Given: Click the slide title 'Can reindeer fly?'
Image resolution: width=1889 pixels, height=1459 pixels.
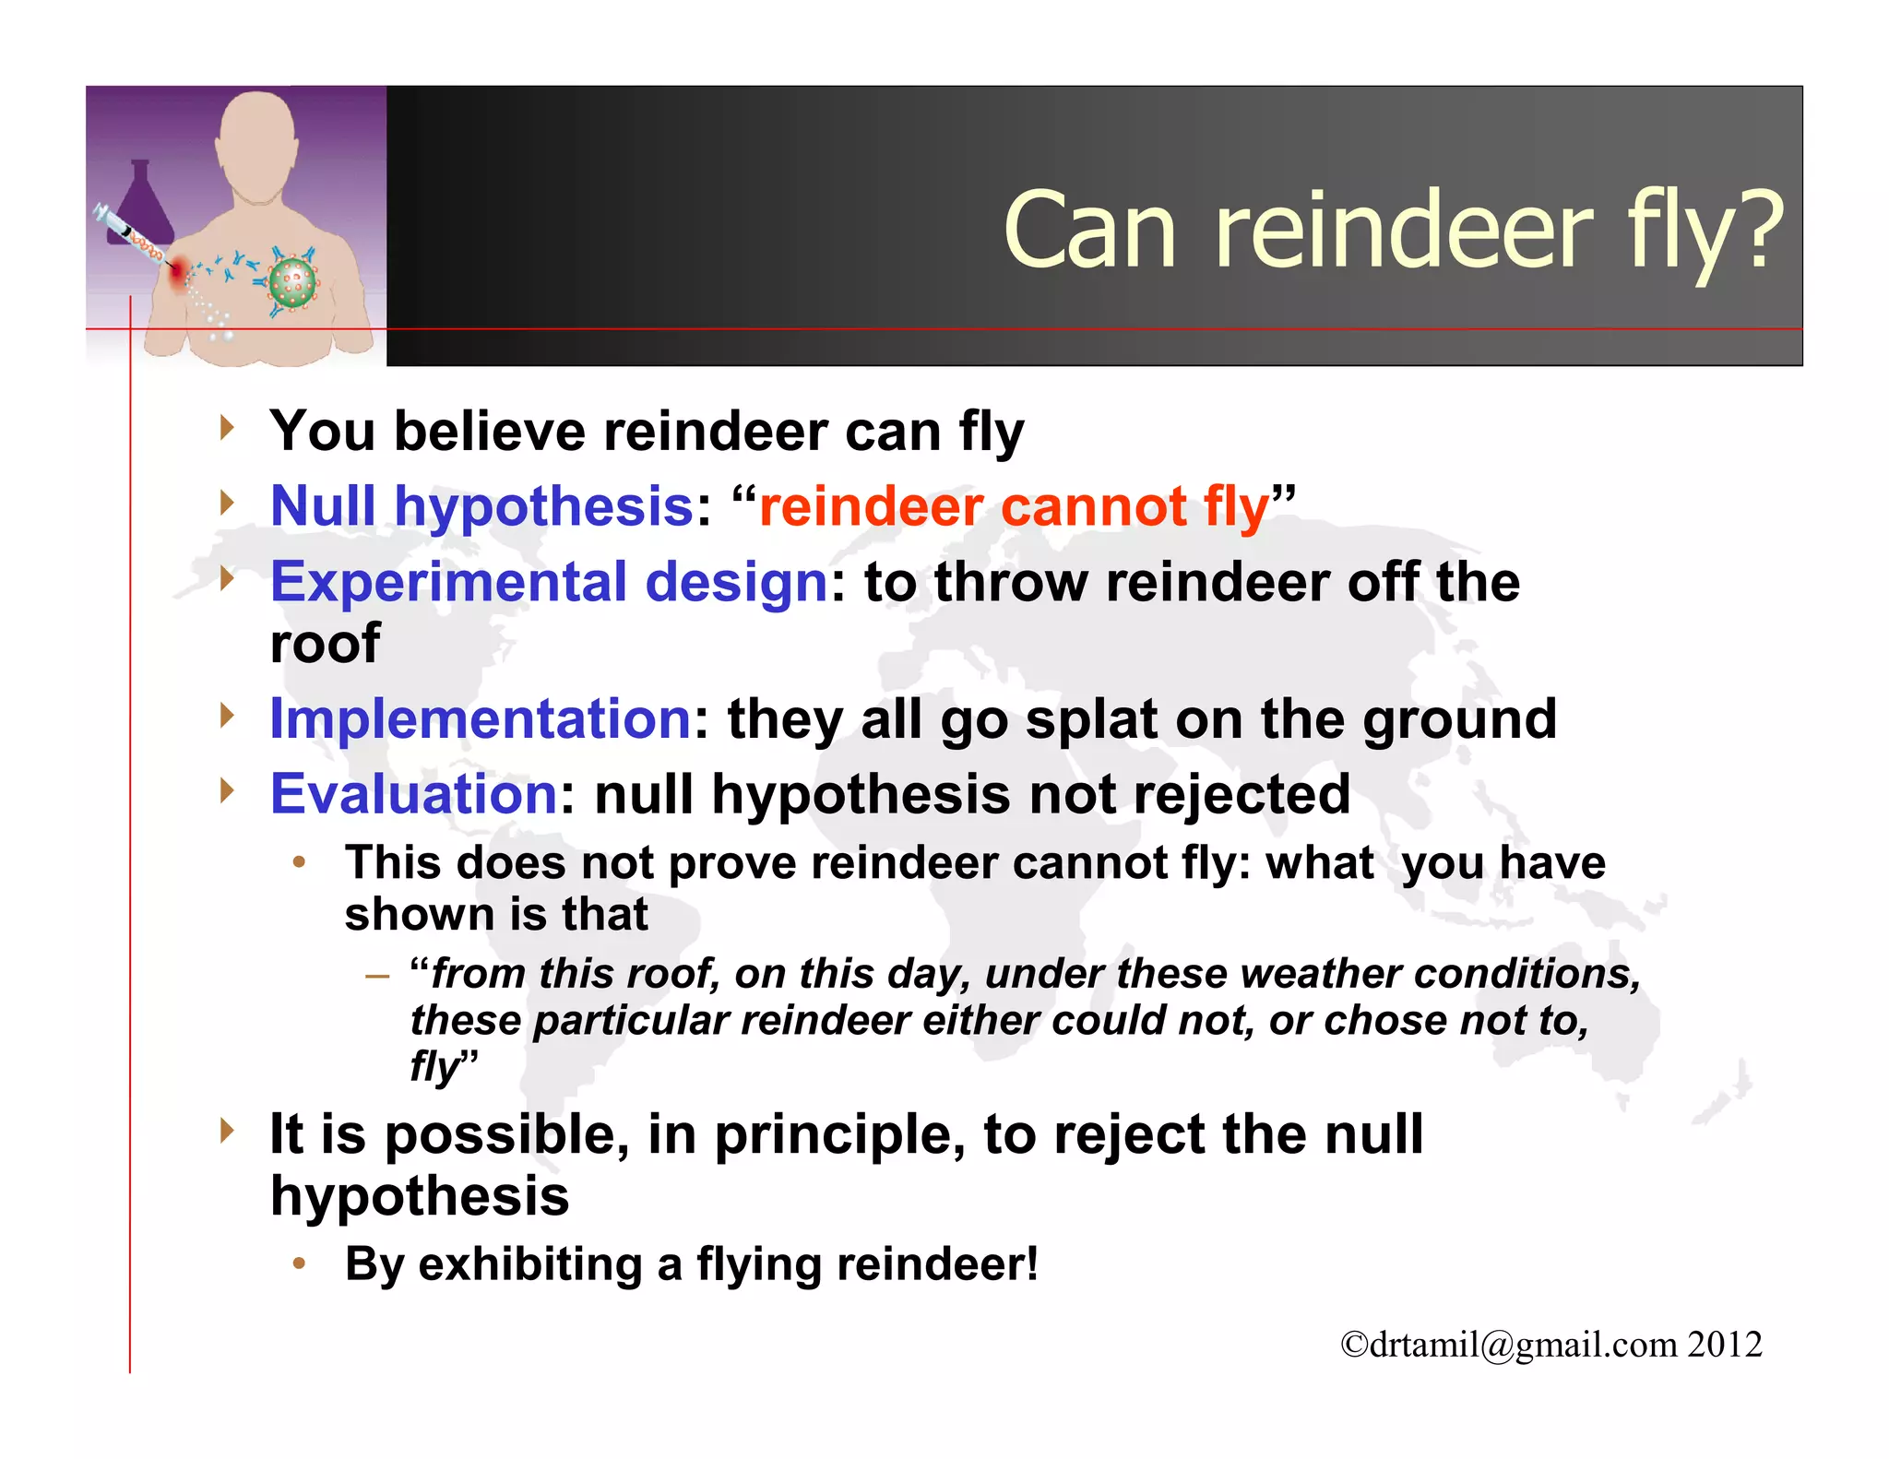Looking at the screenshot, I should pos(1393,231).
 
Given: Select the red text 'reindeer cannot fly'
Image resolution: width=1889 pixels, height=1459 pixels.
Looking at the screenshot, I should pos(1014,508).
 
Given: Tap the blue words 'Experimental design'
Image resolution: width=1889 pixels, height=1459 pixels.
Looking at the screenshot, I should pos(549,583).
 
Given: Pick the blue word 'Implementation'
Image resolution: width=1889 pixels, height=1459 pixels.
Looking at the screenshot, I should pos(481,718).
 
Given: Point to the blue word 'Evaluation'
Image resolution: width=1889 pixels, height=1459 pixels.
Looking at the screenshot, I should pos(413,794).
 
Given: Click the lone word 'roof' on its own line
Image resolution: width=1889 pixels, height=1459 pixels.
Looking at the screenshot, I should pos(325,643).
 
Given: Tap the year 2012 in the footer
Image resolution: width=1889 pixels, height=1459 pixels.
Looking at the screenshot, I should pos(1725,1345).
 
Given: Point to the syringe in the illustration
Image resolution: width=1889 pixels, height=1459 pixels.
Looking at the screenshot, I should pos(129,234).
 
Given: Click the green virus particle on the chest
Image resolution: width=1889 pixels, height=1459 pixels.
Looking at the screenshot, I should pos(293,282).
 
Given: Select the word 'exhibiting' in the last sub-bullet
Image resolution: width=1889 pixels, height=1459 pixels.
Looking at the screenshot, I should pos(530,1264).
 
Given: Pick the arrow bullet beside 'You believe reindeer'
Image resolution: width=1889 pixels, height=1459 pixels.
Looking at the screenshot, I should pos(227,428).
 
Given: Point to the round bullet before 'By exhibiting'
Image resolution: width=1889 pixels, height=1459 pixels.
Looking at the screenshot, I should pos(299,1263).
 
